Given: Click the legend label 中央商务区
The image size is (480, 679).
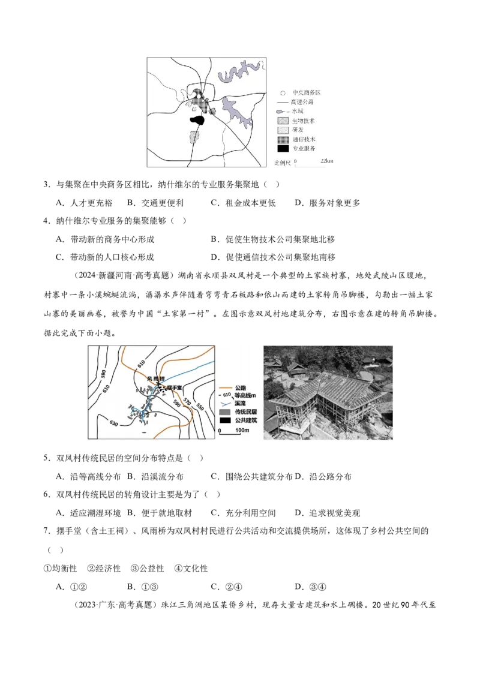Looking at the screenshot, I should tap(307, 93).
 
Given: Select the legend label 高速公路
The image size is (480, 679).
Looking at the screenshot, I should tap(304, 102).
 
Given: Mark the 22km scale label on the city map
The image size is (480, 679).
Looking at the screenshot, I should tap(327, 161).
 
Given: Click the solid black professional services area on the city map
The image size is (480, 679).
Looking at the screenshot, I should tap(197, 120).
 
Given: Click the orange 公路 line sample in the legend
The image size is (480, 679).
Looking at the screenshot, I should tap(226, 388).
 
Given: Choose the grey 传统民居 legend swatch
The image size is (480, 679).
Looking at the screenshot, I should tap(226, 413).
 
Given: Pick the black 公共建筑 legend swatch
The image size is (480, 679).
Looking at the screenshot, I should tap(226, 421).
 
